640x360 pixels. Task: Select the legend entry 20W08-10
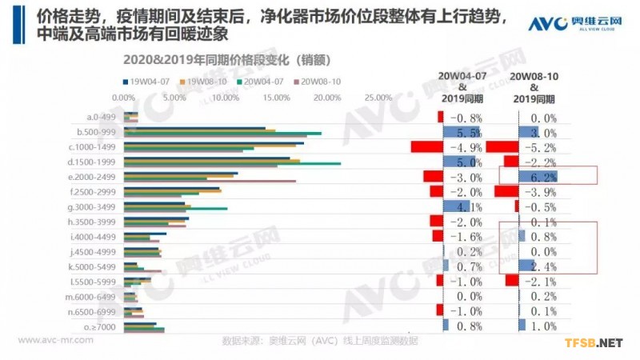[321, 81]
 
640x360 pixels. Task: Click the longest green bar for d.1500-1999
[232, 164]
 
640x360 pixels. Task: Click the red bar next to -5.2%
[502, 147]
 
